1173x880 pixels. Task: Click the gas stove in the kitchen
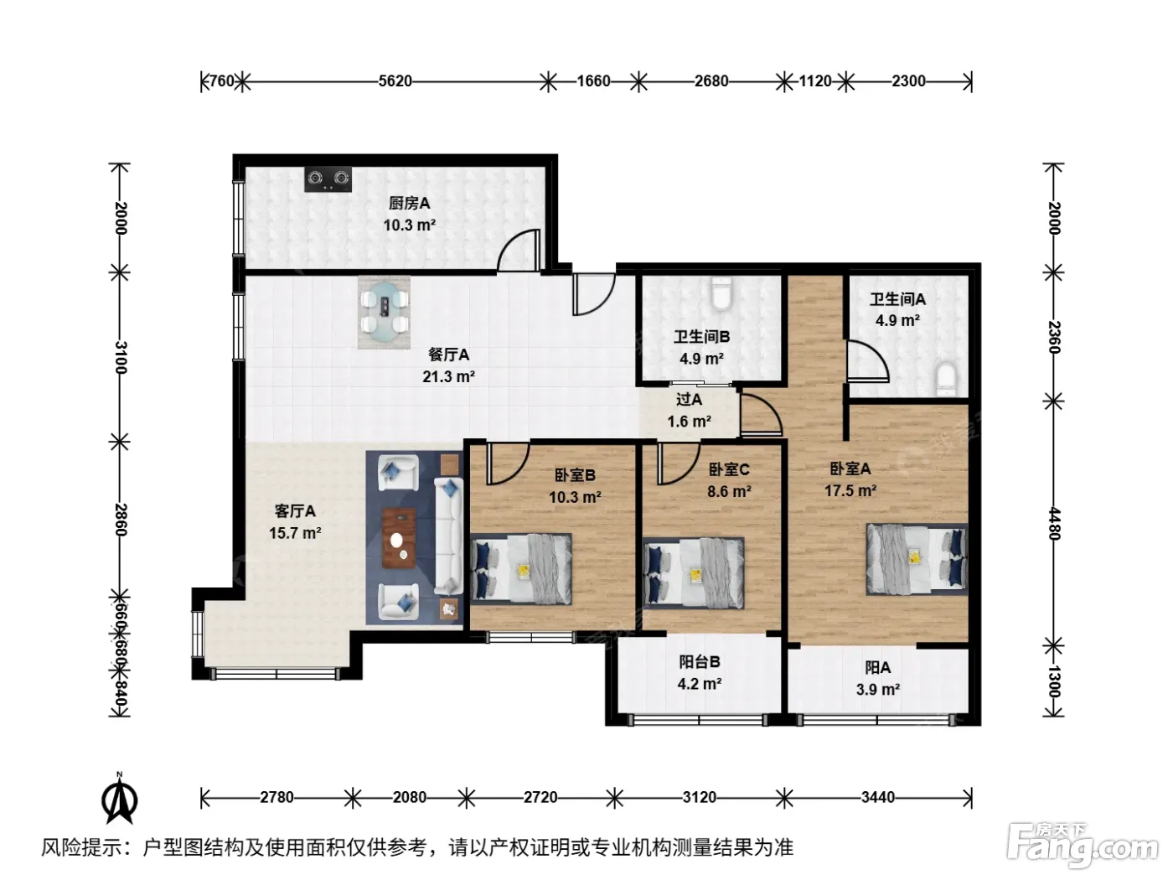tap(328, 179)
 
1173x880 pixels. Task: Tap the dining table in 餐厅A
tap(385, 312)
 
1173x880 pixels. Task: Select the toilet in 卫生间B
tap(721, 293)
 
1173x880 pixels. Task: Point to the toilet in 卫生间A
tap(946, 379)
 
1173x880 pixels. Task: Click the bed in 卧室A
tap(917, 559)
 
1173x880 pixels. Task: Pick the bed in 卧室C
tap(693, 572)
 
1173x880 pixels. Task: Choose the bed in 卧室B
tap(521, 568)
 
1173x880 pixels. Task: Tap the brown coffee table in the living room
tap(399, 539)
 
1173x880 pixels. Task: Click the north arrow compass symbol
tap(120, 798)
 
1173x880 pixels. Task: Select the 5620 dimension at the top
tap(395, 81)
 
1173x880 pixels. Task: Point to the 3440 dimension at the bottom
tap(878, 798)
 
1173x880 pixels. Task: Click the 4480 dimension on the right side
tap(1054, 524)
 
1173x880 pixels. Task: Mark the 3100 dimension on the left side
tap(121, 358)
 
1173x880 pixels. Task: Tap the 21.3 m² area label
tap(449, 376)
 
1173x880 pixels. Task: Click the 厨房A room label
tap(410, 203)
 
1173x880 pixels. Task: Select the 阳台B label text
tap(700, 662)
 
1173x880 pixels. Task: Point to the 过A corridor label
tap(689, 399)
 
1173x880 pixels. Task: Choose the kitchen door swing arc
tap(518, 250)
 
